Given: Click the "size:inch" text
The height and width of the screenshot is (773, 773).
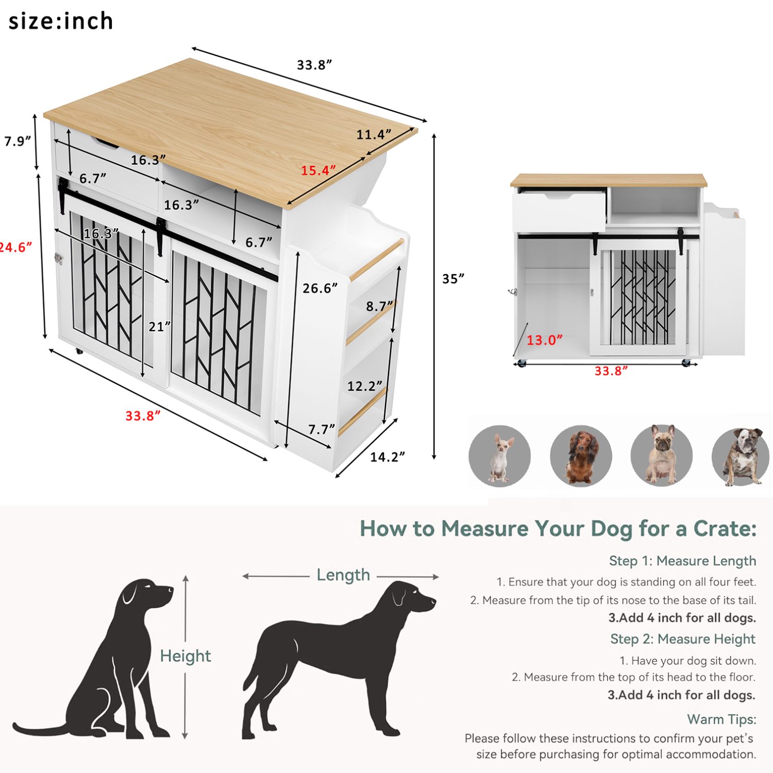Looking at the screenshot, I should click(x=61, y=22).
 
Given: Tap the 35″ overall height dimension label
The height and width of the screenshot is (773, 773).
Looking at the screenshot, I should click(x=453, y=279).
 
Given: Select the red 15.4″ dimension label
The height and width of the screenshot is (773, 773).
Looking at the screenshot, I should click(x=318, y=171).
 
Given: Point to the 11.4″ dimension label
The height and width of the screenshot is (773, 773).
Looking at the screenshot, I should click(x=374, y=135).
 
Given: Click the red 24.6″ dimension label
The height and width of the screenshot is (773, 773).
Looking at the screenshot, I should click(x=15, y=247).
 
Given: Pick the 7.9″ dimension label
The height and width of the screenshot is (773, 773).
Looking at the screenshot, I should click(x=18, y=141).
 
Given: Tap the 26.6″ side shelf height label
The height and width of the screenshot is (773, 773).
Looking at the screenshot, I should click(x=320, y=288).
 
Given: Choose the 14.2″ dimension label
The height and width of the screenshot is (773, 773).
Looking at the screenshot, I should click(x=387, y=457).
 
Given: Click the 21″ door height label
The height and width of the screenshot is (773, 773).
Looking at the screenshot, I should click(x=159, y=327).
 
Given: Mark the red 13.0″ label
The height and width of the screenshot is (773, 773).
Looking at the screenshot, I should click(x=544, y=340).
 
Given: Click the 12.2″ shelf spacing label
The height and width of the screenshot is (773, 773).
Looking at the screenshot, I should click(x=364, y=386).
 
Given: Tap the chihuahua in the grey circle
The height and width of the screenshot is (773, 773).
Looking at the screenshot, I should click(x=499, y=457).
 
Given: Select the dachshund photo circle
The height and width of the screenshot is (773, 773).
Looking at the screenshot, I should click(x=581, y=456).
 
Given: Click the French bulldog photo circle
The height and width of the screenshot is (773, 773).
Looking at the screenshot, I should click(x=662, y=456).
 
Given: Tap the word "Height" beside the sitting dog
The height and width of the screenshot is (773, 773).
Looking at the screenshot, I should click(x=186, y=656).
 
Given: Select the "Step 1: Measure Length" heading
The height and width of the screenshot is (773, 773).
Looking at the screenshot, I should click(x=682, y=561).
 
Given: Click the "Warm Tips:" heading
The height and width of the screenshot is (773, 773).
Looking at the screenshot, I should click(x=721, y=719).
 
